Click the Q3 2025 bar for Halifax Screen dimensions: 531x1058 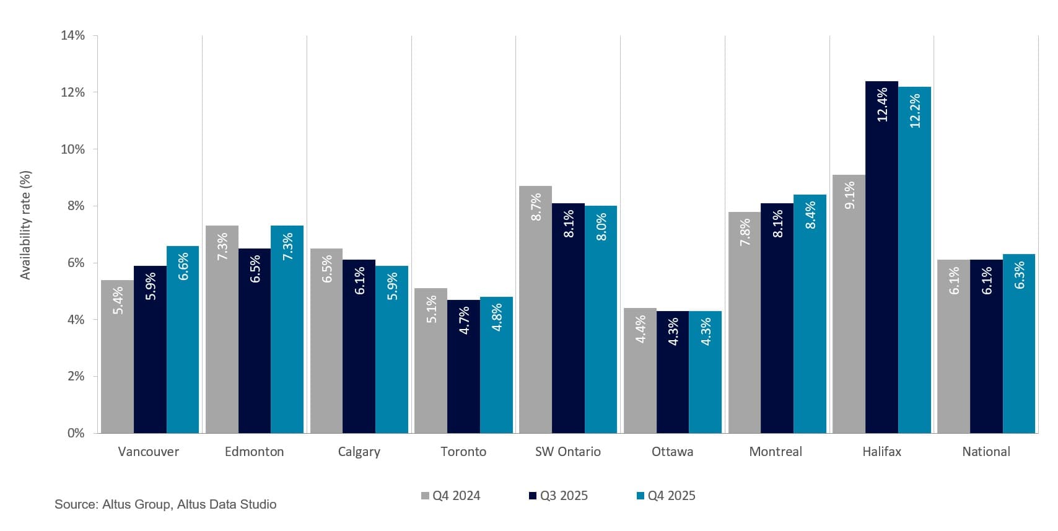click(881, 257)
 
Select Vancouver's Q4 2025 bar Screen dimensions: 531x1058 click(183, 340)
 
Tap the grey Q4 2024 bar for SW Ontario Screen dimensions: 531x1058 click(535, 310)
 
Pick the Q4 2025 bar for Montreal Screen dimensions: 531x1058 click(810, 314)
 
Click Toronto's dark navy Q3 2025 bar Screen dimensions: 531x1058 click(463, 367)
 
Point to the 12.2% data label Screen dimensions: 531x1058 click(915, 111)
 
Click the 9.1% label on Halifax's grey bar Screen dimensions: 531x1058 click(849, 195)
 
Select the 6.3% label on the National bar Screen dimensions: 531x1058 click(1019, 274)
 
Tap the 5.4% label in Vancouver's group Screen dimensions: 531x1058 click(118, 300)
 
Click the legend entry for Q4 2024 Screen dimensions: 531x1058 click(450, 496)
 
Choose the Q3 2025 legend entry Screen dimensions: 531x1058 click(558, 496)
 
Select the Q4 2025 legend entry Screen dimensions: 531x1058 click(666, 496)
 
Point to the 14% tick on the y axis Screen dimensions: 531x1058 click(72, 35)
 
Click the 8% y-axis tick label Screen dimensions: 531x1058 click(75, 206)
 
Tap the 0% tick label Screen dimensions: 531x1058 click(75, 433)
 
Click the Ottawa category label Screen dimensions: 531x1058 click(672, 452)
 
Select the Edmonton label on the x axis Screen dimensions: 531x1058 click(254, 452)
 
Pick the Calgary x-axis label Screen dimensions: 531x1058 click(359, 452)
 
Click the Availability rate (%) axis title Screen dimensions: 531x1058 click(25, 226)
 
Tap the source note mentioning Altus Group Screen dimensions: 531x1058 click(165, 504)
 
